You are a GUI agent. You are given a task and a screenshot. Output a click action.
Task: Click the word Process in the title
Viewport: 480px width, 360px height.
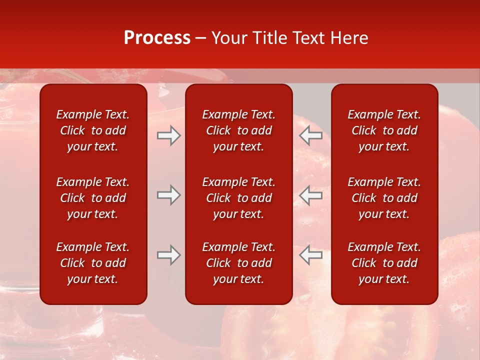(x=157, y=38)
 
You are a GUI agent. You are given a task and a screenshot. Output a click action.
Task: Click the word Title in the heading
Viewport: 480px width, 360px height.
(x=269, y=38)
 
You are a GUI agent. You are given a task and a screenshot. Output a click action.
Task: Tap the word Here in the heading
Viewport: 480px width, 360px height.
(x=348, y=38)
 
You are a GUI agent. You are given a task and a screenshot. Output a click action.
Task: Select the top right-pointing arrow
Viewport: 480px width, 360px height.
(x=168, y=135)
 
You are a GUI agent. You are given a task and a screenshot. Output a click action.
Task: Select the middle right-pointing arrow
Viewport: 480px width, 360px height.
(x=168, y=195)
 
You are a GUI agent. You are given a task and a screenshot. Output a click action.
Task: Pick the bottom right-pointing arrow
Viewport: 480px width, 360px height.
(x=168, y=255)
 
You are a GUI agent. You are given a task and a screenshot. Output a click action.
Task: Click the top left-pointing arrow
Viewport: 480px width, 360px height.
(x=311, y=135)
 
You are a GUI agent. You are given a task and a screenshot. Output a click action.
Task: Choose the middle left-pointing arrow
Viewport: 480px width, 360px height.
(x=311, y=195)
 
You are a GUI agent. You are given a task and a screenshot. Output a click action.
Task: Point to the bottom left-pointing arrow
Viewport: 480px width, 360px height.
(x=311, y=255)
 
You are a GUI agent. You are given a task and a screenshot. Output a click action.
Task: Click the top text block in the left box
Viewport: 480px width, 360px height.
(x=93, y=130)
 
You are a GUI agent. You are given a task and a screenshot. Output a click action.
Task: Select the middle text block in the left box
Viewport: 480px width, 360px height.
(x=93, y=198)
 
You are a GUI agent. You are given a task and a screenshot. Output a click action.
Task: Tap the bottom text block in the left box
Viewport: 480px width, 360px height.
(x=93, y=263)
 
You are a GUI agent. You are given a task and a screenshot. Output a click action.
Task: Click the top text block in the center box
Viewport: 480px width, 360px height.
(x=238, y=130)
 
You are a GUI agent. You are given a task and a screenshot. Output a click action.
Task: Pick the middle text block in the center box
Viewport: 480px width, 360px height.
(x=238, y=198)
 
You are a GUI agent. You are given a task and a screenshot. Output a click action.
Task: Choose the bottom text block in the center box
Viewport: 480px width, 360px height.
(x=238, y=263)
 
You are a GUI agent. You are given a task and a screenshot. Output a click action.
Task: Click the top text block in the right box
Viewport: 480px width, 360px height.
(x=384, y=130)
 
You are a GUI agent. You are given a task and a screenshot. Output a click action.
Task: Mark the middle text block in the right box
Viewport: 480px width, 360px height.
(x=384, y=198)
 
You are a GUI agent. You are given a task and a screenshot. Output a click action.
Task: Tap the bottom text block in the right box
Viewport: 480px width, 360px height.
(x=384, y=263)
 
